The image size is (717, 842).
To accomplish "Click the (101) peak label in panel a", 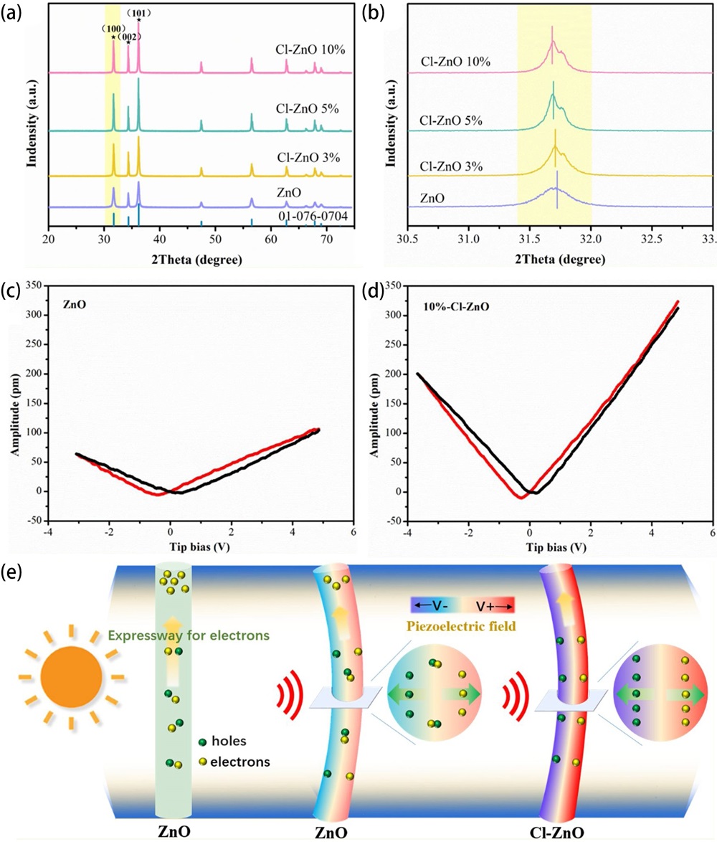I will (x=138, y=12).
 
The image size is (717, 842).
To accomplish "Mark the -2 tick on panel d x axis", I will (x=468, y=534).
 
